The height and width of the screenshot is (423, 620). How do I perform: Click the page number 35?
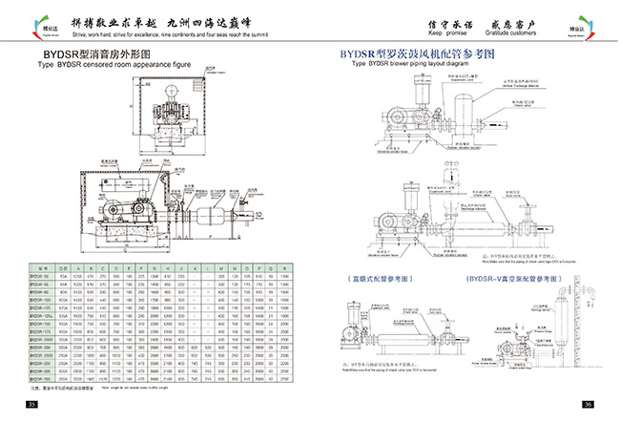pyautogui.click(x=31, y=406)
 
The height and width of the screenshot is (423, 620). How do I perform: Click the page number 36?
pyautogui.click(x=589, y=406)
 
